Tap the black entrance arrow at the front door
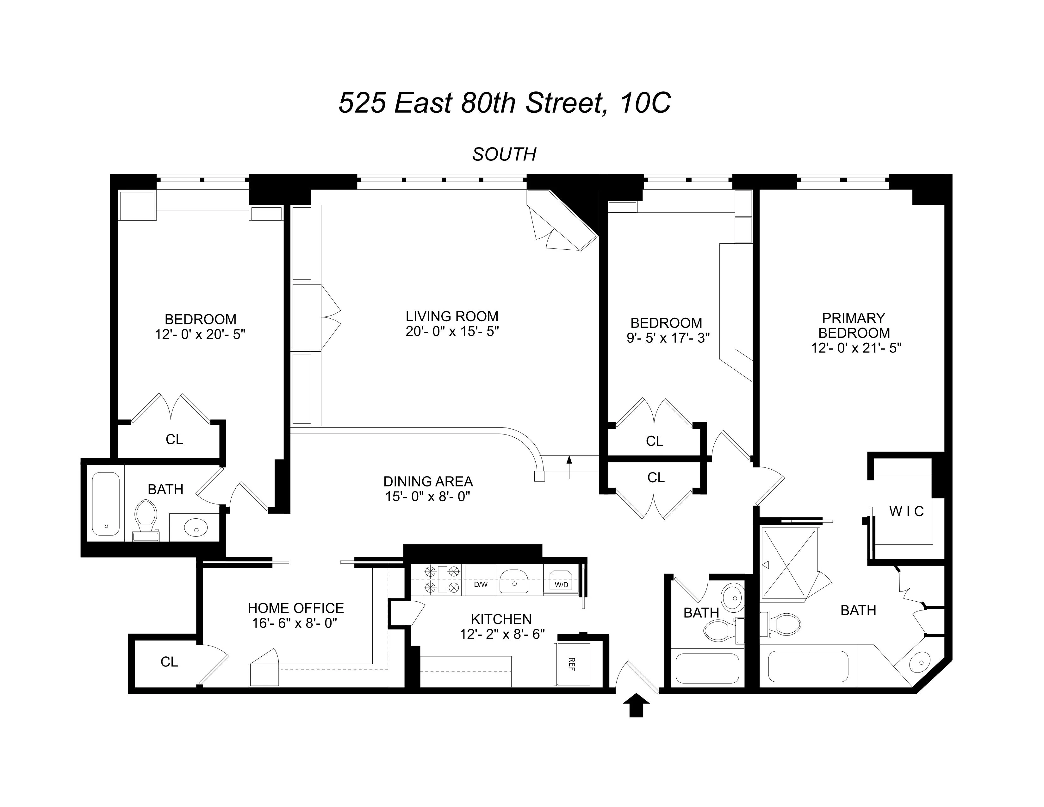pos(636,705)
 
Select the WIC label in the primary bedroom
pos(906,511)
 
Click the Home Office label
pos(295,608)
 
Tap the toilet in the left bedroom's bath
pos(146,519)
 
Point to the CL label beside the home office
pos(169,662)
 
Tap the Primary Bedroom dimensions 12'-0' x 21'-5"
pos(856,347)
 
